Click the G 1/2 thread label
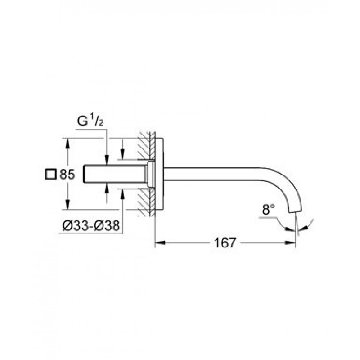(x=90, y=121)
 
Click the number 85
(x=67, y=175)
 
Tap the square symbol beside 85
(x=50, y=175)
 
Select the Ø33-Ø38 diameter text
(x=91, y=226)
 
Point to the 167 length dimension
(x=225, y=243)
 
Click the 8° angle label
(x=269, y=210)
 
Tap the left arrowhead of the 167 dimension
(x=160, y=243)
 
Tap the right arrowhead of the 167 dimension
(x=290, y=243)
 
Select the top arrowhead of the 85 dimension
(x=67, y=144)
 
